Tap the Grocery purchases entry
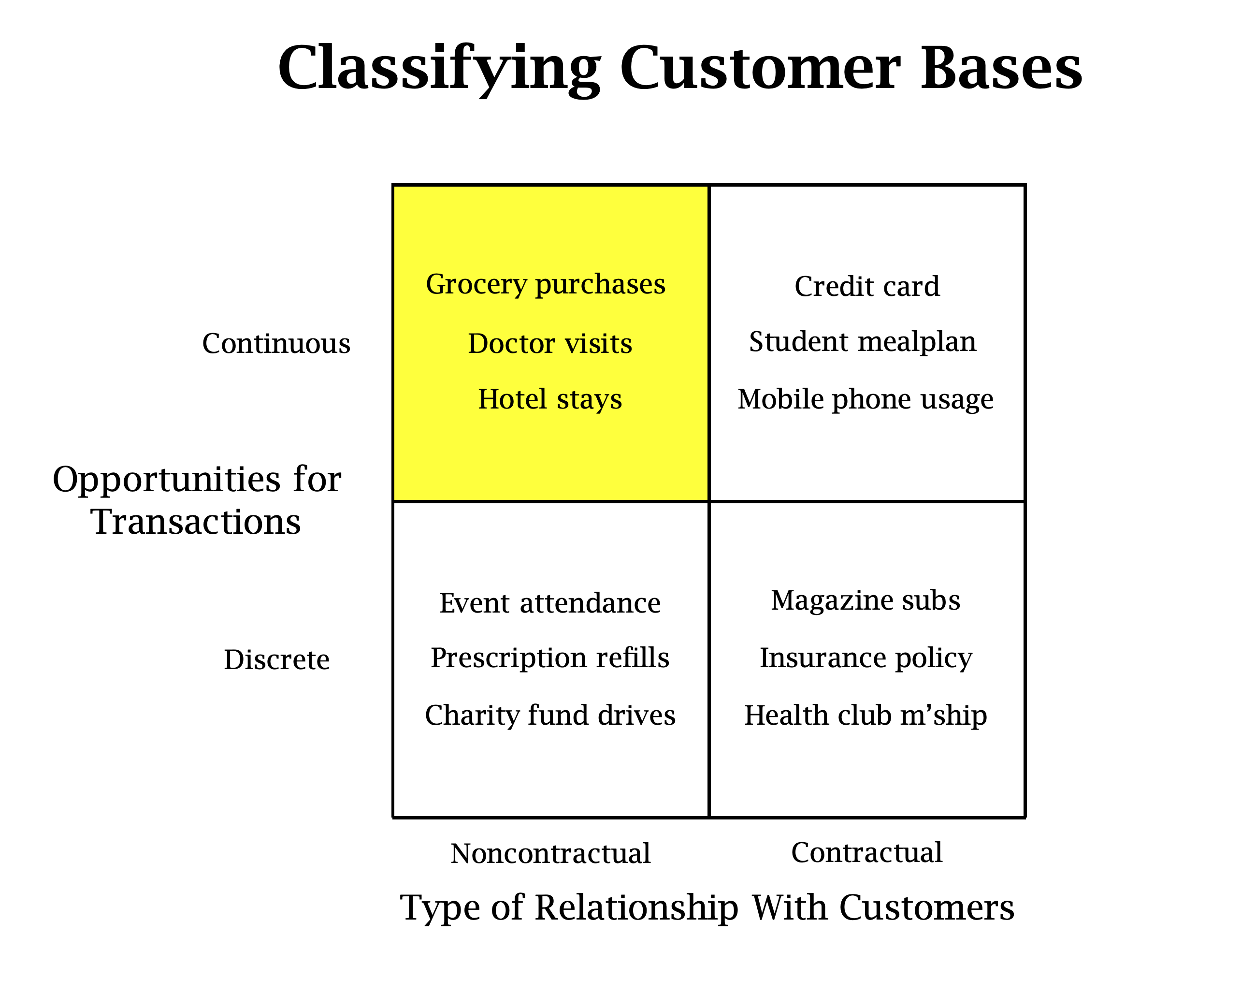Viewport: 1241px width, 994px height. point(545,284)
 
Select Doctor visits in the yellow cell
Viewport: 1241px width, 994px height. point(549,343)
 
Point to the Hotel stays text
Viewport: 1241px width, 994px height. point(549,399)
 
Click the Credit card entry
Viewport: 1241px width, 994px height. point(866,286)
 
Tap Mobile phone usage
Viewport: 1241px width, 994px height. point(865,399)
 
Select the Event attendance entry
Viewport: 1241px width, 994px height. point(549,603)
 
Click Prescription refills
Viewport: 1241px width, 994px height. point(549,658)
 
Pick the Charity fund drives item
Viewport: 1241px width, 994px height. point(549,715)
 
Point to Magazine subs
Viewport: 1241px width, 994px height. point(865,600)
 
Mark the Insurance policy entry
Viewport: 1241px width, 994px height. point(866,658)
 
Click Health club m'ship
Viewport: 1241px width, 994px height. point(865,715)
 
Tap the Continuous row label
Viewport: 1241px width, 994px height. point(276,343)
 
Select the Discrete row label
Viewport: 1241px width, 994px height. point(276,659)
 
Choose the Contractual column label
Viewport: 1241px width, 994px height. point(866,852)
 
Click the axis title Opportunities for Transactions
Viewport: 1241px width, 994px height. point(196,500)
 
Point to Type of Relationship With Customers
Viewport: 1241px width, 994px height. point(707,907)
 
